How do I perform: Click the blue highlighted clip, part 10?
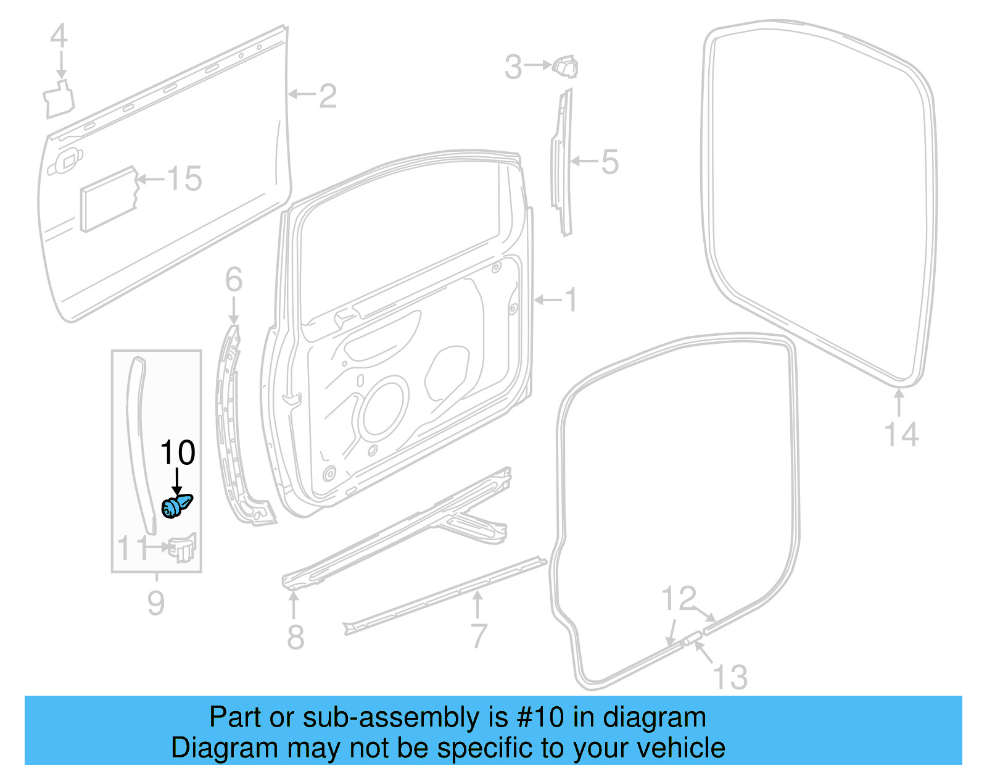pyautogui.click(x=176, y=506)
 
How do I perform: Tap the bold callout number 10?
pyautogui.click(x=178, y=453)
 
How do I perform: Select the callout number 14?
pyautogui.click(x=901, y=435)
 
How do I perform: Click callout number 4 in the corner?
pyautogui.click(x=59, y=36)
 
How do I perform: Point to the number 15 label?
pyautogui.click(x=184, y=179)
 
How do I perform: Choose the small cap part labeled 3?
pyautogui.click(x=566, y=66)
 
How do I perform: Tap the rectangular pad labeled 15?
pyautogui.click(x=109, y=199)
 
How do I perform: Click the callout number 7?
pyautogui.click(x=479, y=636)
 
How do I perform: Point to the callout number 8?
pyautogui.click(x=295, y=637)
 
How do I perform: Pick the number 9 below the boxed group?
pyautogui.click(x=156, y=602)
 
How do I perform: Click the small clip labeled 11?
pyautogui.click(x=182, y=548)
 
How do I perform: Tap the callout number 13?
pyautogui.click(x=730, y=677)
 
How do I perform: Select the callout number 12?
pyautogui.click(x=679, y=598)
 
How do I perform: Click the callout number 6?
pyautogui.click(x=233, y=280)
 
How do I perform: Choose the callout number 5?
pyautogui.click(x=609, y=162)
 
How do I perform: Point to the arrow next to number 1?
pyautogui.click(x=548, y=300)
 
